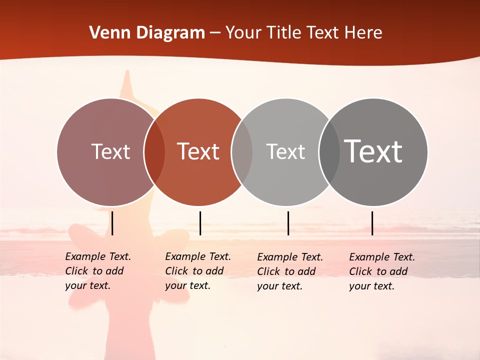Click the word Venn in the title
(x=108, y=33)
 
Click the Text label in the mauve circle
(x=110, y=151)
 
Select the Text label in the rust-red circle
(x=198, y=151)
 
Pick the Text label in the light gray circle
(x=285, y=151)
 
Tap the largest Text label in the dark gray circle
(x=373, y=151)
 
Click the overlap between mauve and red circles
(x=154, y=152)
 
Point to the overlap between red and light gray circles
(x=242, y=152)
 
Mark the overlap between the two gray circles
(x=329, y=152)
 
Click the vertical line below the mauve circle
(x=112, y=223)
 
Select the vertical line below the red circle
(x=200, y=223)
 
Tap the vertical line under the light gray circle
(x=288, y=223)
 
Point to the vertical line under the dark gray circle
(x=372, y=223)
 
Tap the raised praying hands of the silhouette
(x=128, y=82)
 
